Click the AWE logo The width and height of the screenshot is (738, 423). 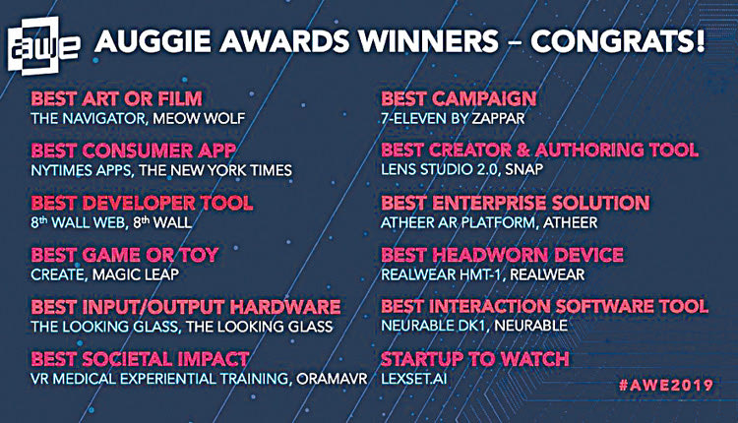point(43,46)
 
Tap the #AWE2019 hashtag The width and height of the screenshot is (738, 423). point(666,385)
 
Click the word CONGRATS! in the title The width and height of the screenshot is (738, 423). point(618,41)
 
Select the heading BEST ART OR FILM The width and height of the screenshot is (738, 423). point(117,98)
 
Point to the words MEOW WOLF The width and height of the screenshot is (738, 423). point(199,118)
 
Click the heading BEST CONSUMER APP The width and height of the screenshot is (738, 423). point(133,151)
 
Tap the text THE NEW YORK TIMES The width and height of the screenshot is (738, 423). point(215,170)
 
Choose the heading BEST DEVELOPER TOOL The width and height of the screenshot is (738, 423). point(142,203)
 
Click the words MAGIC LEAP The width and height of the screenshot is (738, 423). point(136,274)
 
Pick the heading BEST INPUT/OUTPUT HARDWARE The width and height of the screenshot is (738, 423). point(186,307)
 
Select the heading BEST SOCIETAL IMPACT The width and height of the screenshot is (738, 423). point(140,359)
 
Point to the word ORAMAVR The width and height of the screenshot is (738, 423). point(332,379)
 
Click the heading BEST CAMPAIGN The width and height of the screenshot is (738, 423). point(459,98)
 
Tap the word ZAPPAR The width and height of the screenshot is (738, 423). point(497,118)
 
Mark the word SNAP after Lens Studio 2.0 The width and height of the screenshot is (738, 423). point(524,169)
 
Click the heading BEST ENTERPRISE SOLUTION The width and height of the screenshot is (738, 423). point(516,203)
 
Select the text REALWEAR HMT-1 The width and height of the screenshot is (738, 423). point(442,274)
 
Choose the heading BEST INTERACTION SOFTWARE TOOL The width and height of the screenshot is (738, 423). point(544,306)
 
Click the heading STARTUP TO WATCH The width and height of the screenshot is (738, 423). point(475,359)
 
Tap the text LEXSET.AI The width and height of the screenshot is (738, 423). point(414,379)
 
